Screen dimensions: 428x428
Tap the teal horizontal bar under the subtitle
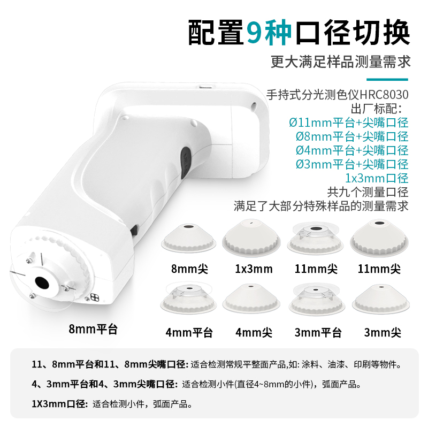point(387,79)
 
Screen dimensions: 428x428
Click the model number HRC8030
point(384,95)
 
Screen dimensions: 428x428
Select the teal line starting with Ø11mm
point(349,123)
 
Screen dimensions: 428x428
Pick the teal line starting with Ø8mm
point(352,136)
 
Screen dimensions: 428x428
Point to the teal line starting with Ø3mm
point(352,164)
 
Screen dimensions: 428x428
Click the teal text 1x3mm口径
point(377,178)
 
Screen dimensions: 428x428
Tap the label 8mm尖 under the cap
point(189,269)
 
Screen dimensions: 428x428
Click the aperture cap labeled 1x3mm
point(251,238)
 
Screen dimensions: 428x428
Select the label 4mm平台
point(189,332)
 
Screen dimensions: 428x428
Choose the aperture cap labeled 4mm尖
point(251,299)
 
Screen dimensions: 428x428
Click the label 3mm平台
point(318,332)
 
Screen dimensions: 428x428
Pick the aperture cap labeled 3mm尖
point(381,299)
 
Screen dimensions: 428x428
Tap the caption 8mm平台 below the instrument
point(93,329)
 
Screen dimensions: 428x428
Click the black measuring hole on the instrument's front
point(42,282)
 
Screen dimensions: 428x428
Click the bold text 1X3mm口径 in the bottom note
point(59,404)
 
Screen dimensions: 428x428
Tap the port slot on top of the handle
point(207,87)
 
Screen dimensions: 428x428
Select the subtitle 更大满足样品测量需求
point(341,62)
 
